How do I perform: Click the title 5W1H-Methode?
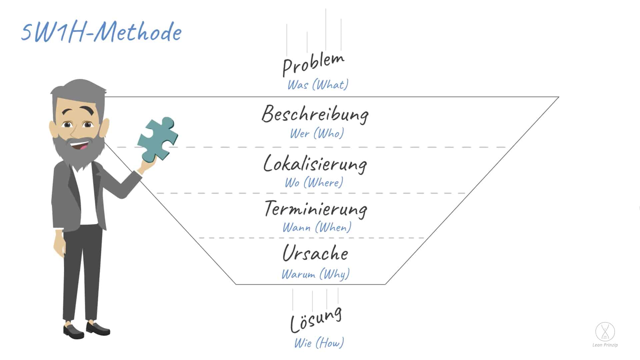[102, 33]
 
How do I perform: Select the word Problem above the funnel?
[313, 64]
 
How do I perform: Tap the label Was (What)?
[318, 85]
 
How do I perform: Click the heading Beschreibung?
[315, 114]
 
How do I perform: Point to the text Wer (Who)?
[317, 134]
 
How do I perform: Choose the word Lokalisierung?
[315, 164]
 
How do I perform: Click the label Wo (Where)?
[314, 183]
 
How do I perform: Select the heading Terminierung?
[316, 209]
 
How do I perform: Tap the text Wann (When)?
[317, 228]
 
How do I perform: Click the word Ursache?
[315, 253]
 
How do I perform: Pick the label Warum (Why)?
[315, 274]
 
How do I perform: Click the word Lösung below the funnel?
[316, 319]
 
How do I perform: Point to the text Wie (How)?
[319, 343]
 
